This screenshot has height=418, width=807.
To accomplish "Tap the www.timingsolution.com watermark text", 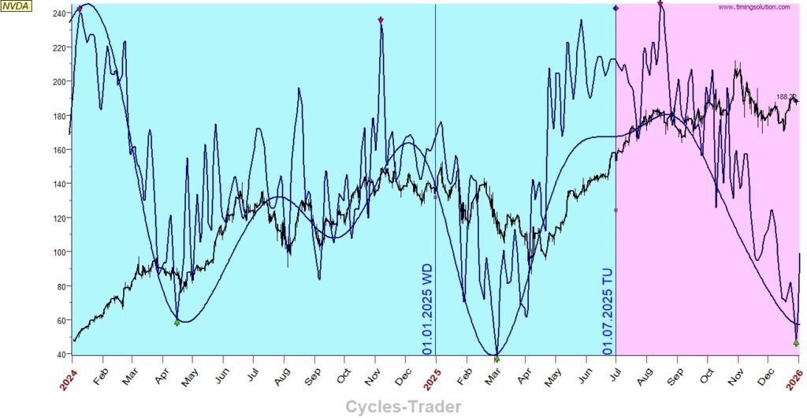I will (x=753, y=7).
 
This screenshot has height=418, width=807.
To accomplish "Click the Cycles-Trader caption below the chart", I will (x=403, y=406).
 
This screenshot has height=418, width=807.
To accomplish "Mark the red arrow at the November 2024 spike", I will (x=381, y=21).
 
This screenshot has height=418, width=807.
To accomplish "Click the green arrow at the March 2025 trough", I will (x=496, y=358).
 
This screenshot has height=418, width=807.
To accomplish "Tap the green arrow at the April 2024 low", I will (x=177, y=323).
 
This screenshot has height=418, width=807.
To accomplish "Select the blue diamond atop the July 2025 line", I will (x=615, y=8).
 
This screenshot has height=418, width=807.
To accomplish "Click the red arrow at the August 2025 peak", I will (x=660, y=5).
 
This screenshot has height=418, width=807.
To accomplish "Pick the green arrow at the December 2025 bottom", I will (x=796, y=342).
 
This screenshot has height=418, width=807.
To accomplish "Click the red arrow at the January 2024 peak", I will (x=80, y=9).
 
